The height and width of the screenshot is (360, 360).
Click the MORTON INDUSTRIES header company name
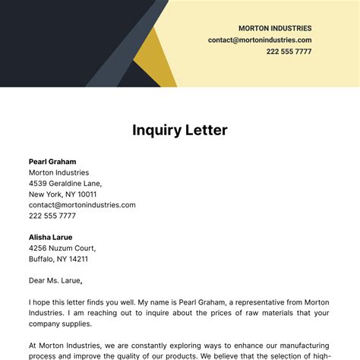coord(274,28)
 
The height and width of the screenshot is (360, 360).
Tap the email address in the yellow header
coord(260,39)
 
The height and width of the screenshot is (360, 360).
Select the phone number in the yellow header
coord(289,52)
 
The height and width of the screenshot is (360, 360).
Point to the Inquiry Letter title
coord(180,130)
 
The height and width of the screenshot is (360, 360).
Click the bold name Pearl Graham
coord(52,161)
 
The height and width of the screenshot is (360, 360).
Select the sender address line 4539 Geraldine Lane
coord(65,183)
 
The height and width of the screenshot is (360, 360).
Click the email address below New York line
coord(82,204)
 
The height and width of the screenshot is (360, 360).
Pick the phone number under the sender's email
coord(52,216)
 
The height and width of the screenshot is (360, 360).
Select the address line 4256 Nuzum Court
coord(62,248)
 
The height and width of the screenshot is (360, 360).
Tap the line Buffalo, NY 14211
coord(58,258)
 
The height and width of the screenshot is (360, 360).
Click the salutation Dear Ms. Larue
coord(55,280)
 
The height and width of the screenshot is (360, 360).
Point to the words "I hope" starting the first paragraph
coord(39,302)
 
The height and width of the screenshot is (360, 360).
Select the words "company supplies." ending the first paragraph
coord(60,324)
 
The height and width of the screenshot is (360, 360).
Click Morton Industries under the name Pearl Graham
coord(60,172)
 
